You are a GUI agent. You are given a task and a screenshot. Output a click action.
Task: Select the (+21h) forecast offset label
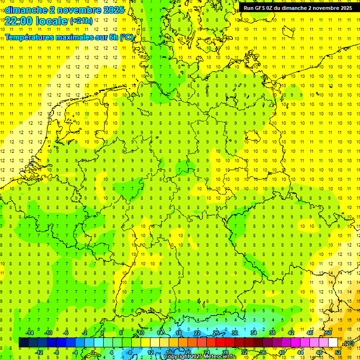pos(81,21)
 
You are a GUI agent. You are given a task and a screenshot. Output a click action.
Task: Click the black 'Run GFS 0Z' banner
pos(298,8)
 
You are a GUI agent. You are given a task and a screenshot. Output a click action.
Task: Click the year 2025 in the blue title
pos(113,10)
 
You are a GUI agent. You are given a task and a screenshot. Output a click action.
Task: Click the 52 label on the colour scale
pos(338,352)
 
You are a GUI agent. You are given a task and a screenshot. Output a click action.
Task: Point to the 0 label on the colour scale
pos(93,352)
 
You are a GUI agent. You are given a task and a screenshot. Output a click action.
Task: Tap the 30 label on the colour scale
pos(234,333)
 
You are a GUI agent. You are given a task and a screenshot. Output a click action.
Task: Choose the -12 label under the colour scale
pos(39,352)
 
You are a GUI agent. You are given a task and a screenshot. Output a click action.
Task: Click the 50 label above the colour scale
pos(329,333)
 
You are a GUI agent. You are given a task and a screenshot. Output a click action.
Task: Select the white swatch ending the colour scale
pos(333,342)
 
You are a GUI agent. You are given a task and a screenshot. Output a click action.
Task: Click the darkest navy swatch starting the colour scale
pos(23,342)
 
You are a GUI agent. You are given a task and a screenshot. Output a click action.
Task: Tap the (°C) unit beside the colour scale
pos(348,344)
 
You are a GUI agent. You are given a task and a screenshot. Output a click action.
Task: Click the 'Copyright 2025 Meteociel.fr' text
pos(199,357)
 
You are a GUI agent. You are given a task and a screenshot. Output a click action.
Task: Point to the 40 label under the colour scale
pos(281,352)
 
